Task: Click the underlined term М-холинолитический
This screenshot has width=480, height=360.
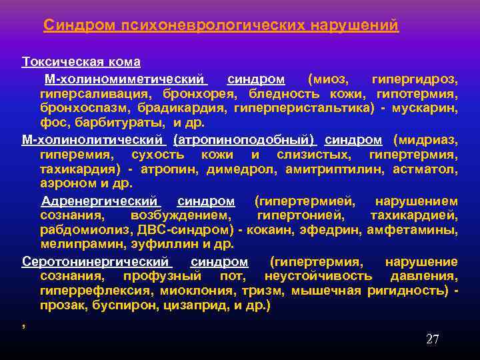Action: pos(93,140)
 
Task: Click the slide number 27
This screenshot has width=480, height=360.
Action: pos(432,339)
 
